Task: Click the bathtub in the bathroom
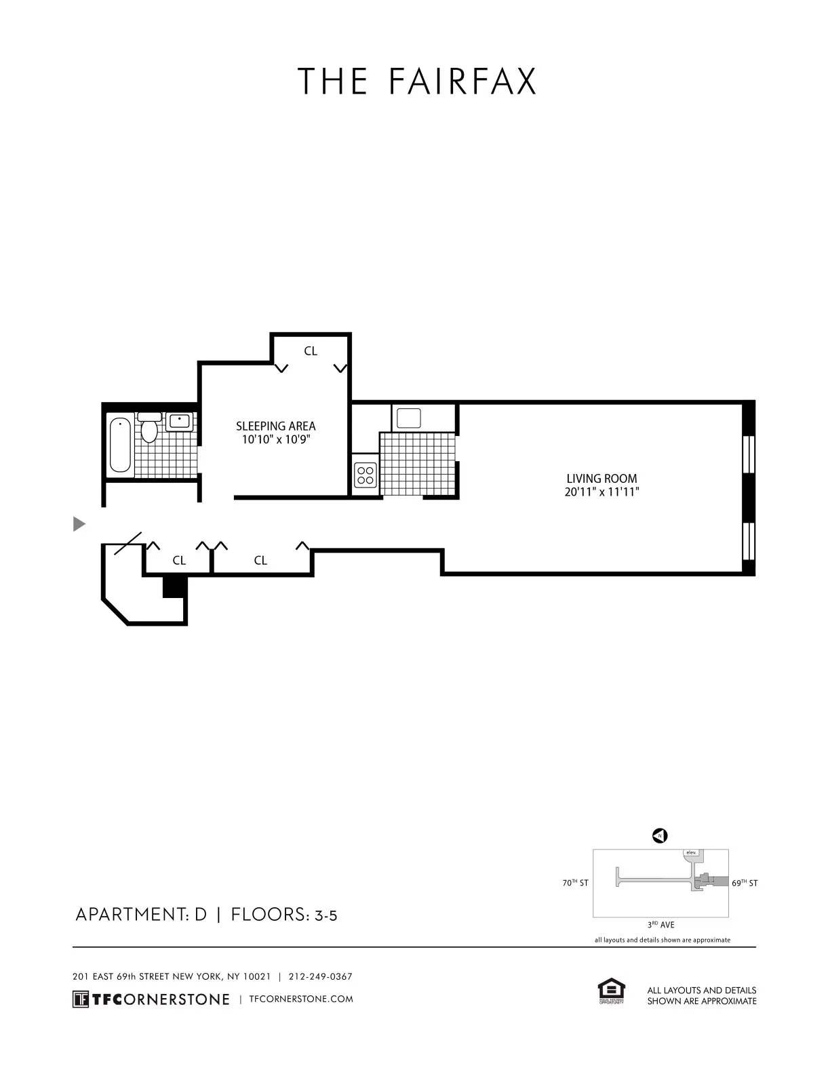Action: point(120,445)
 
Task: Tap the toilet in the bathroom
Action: point(149,429)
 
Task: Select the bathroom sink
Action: point(180,421)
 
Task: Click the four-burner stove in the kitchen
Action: point(365,474)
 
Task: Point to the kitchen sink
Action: point(409,418)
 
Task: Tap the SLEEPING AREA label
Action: point(275,426)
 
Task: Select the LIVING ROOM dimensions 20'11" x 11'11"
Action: point(601,492)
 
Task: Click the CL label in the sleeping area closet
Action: point(311,351)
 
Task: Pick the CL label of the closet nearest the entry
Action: point(179,560)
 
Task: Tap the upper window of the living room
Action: point(749,454)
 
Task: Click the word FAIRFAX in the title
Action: point(463,81)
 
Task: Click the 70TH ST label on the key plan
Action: point(575,883)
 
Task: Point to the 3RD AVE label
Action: point(660,925)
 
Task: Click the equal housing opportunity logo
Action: point(611,991)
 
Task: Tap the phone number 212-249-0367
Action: point(320,977)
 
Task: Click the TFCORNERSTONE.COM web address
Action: point(301,999)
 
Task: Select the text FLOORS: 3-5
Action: point(284,915)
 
